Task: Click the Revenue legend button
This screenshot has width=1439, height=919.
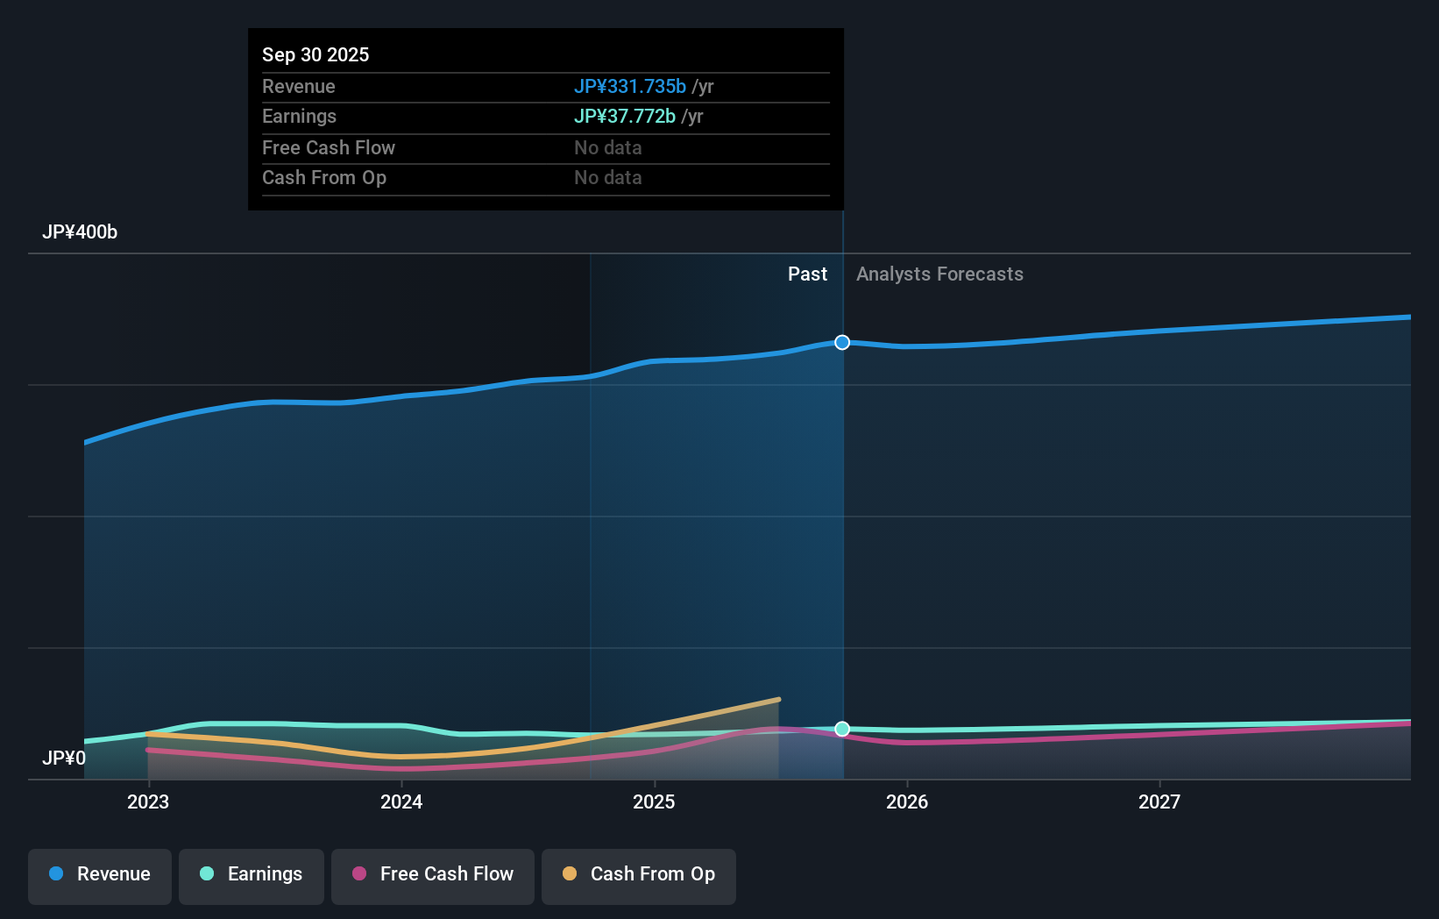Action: point(100,874)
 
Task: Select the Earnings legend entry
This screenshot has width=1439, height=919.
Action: point(252,874)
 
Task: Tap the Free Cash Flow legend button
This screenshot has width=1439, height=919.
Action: point(433,874)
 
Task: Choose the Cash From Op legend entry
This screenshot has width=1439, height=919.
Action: point(639,874)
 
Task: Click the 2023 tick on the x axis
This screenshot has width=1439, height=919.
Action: point(148,801)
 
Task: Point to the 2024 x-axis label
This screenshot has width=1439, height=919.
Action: point(401,801)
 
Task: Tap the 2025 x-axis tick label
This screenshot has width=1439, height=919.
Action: point(654,801)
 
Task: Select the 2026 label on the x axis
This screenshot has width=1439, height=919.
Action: point(907,801)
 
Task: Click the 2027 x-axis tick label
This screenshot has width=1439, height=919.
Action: point(1159,801)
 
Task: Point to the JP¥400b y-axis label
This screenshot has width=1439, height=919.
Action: point(80,232)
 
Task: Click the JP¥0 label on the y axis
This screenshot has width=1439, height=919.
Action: point(64,758)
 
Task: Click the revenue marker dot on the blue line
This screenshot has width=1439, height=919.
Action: point(842,342)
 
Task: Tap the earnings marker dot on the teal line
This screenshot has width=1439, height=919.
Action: point(842,729)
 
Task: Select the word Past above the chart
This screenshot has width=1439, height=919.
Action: point(807,274)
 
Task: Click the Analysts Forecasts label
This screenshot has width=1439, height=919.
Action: point(939,274)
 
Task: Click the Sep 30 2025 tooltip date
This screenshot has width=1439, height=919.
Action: point(315,54)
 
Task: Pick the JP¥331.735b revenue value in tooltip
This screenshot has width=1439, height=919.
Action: point(629,87)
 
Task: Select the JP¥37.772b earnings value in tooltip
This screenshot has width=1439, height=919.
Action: point(624,117)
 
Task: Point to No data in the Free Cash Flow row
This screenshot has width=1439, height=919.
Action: point(607,147)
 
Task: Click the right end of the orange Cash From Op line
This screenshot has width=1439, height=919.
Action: point(778,700)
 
